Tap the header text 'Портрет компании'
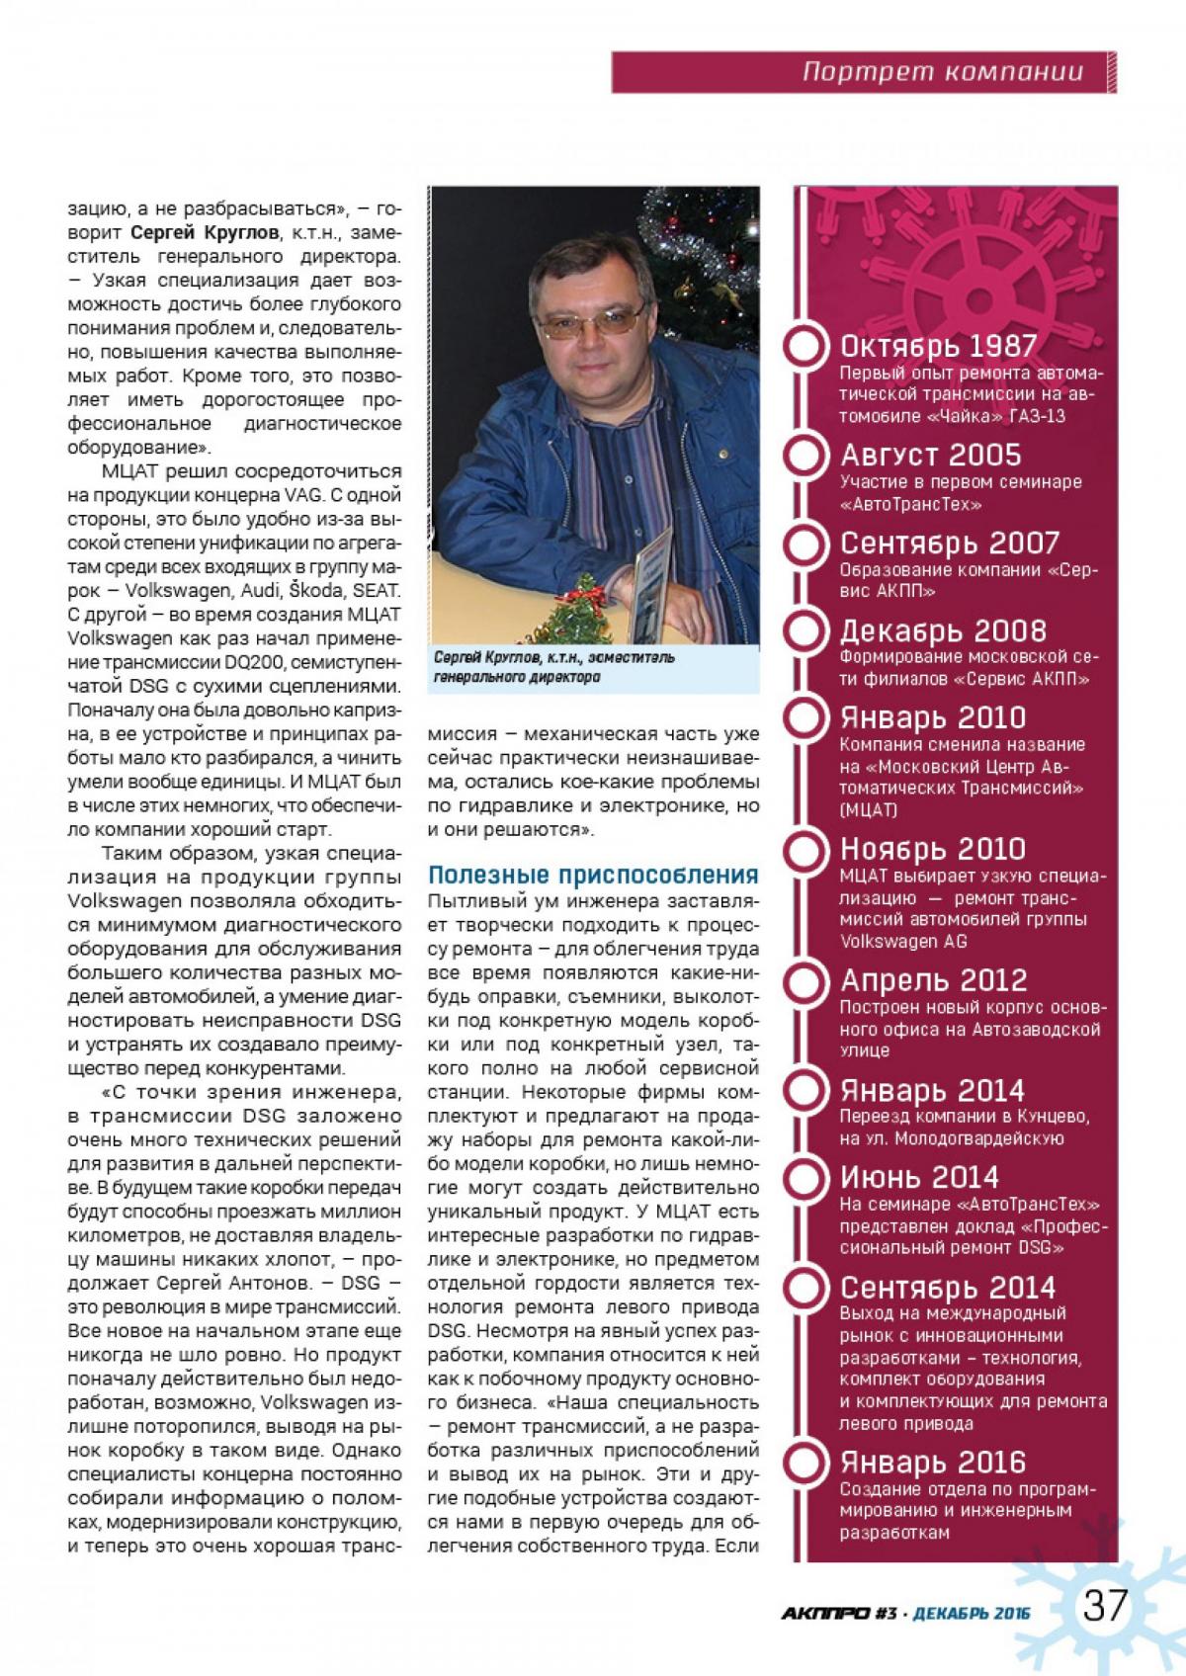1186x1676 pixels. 942,72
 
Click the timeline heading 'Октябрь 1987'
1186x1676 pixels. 938,346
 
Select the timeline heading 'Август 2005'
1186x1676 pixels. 930,455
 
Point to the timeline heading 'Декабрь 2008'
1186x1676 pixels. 942,630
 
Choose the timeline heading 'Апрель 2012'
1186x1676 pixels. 933,980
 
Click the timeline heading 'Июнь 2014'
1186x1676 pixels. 919,1177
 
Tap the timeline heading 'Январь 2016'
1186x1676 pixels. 933,1462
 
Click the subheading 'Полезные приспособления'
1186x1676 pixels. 592,875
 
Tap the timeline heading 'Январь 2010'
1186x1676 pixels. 933,717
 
